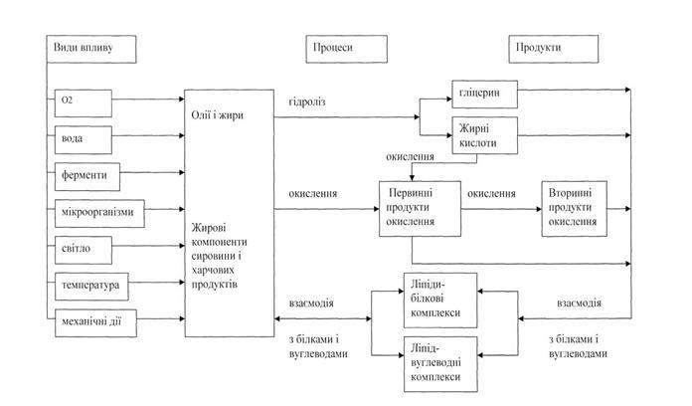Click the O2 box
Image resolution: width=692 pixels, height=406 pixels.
pyautogui.click(x=84, y=101)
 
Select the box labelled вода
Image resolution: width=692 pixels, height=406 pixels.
pyautogui.click(x=84, y=137)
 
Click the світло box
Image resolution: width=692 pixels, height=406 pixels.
pyautogui.click(x=84, y=249)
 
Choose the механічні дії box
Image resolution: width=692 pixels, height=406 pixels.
pyautogui.click(x=95, y=320)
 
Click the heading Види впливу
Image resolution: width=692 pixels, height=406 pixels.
pyautogui.click(x=84, y=48)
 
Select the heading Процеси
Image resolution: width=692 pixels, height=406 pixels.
pyautogui.click(x=331, y=48)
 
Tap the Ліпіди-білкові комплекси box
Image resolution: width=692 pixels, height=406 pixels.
pyautogui.click(x=439, y=298)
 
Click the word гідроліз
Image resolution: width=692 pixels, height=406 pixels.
pyautogui.click(x=307, y=101)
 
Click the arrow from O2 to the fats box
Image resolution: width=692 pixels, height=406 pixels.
pyautogui.click(x=149, y=101)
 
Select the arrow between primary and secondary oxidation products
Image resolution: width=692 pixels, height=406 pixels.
pyautogui.click(x=497, y=209)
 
